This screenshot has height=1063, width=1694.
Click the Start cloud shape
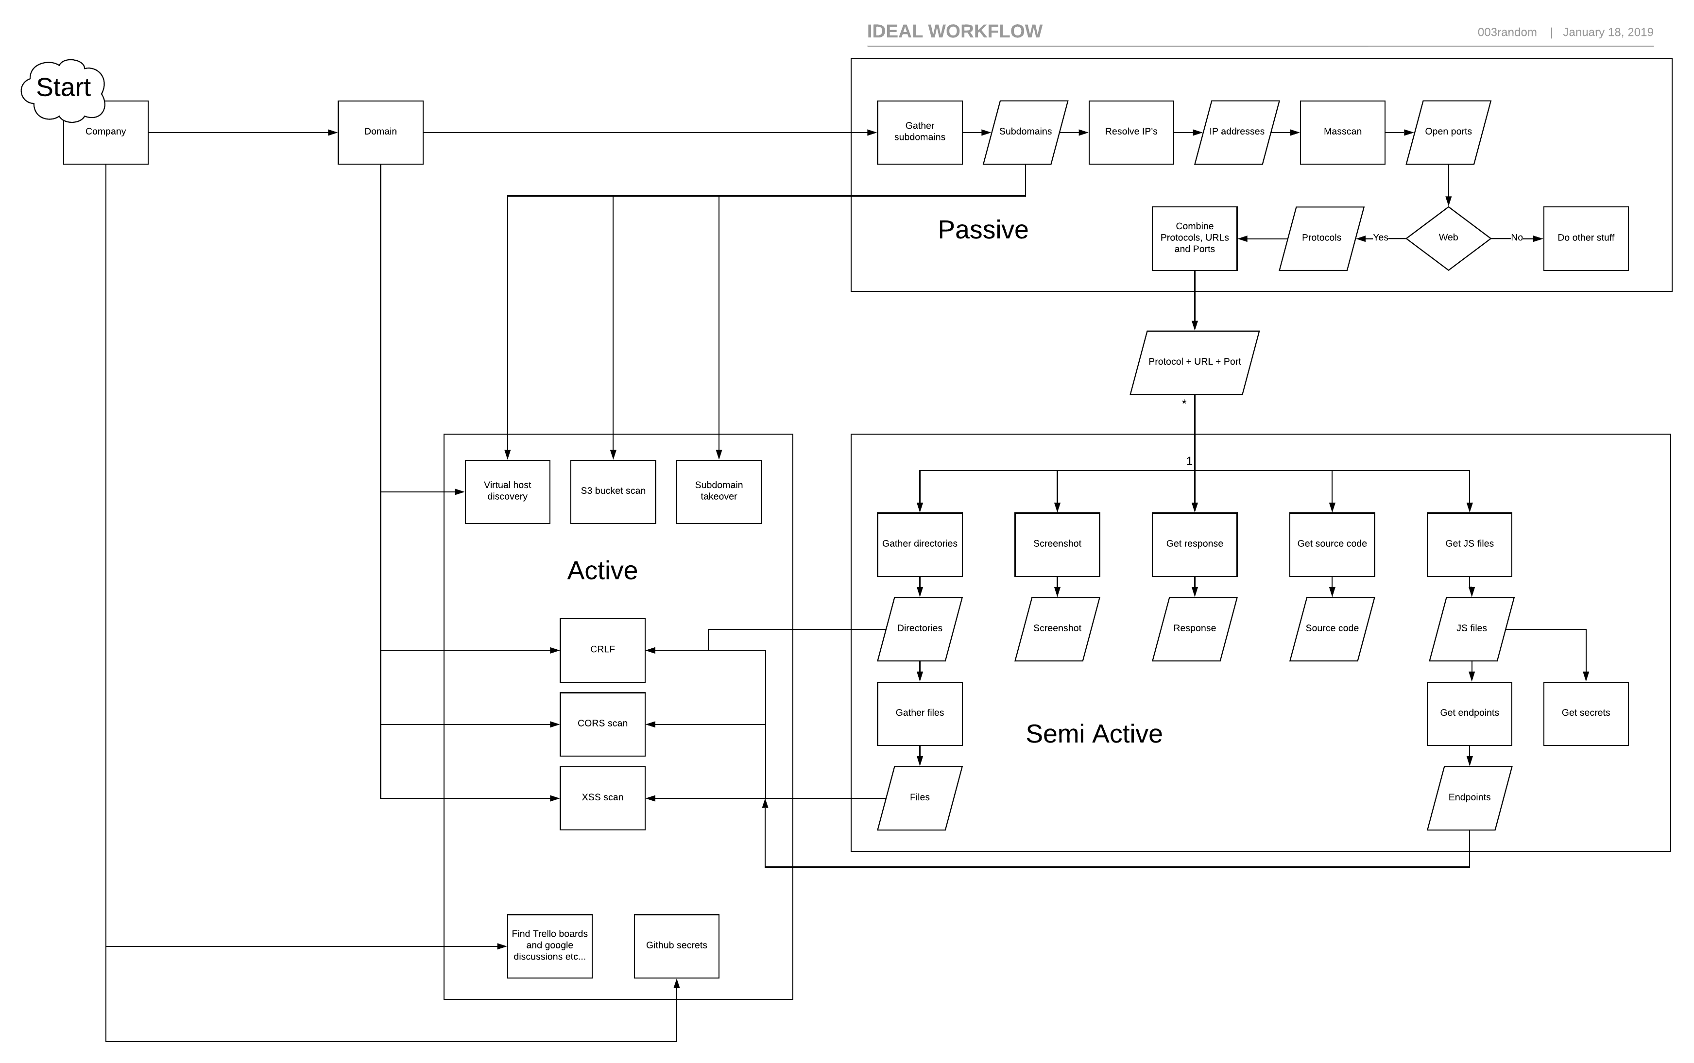tap(63, 88)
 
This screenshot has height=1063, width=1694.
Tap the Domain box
tap(380, 132)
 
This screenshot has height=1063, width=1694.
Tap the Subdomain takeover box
tap(718, 491)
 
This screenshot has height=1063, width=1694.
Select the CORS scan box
tap(602, 724)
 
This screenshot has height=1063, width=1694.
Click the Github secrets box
tap(676, 945)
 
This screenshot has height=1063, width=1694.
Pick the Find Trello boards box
tap(549, 945)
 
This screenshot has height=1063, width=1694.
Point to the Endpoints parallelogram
tap(1468, 797)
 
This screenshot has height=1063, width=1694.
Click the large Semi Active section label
tap(1093, 734)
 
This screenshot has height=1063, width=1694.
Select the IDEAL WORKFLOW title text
tap(954, 32)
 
